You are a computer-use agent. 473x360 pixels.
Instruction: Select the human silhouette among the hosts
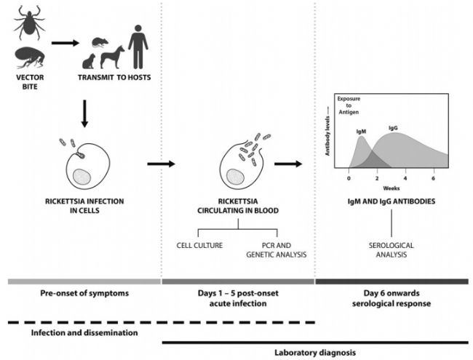(x=137, y=45)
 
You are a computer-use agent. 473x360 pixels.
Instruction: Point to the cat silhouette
(x=90, y=62)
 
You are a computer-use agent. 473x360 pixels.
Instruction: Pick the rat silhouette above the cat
(x=98, y=44)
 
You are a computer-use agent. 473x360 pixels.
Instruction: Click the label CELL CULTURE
(x=199, y=244)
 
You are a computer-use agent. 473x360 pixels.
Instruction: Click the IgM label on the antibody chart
(x=361, y=132)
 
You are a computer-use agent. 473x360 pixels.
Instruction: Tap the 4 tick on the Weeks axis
(x=405, y=178)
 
